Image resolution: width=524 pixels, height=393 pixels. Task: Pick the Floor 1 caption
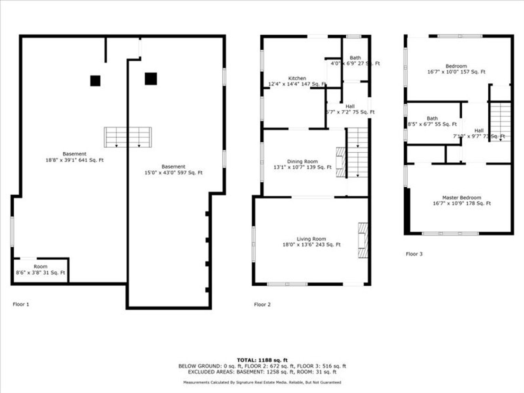(x=21, y=304)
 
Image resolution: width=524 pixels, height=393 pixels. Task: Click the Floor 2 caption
(x=262, y=304)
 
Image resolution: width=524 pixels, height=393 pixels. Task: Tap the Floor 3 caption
(x=414, y=254)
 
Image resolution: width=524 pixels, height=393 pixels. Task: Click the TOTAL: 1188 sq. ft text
(x=262, y=360)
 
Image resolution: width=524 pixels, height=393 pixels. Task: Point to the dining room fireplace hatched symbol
(x=341, y=162)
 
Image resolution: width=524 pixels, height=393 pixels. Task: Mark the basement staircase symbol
(x=128, y=137)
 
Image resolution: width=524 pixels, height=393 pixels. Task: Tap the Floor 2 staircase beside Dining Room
(x=357, y=152)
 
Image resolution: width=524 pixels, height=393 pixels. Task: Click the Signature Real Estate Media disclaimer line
(x=262, y=382)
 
